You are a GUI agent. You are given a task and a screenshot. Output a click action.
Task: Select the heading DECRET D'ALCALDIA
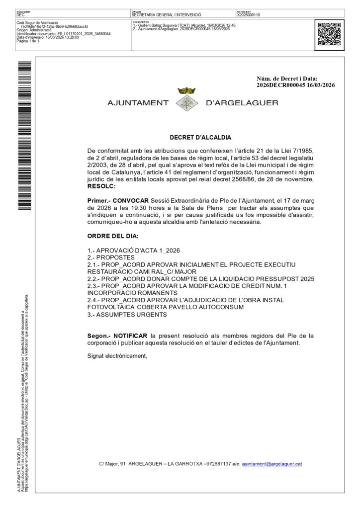click(200, 138)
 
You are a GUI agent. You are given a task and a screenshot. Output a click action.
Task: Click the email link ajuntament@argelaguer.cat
click(272, 464)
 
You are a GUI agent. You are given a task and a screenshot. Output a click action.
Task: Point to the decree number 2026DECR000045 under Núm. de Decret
click(280, 85)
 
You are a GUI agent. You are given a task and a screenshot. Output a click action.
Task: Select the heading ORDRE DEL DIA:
click(113, 236)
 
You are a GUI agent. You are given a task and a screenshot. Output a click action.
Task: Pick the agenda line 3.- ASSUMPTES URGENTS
click(127, 315)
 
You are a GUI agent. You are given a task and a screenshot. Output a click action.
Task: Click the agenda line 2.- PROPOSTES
click(111, 257)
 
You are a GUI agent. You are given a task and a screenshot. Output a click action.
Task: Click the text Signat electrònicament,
click(117, 355)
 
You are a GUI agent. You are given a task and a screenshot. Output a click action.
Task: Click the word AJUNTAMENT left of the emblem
click(138, 103)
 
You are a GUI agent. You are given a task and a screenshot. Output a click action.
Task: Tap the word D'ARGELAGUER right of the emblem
click(242, 103)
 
